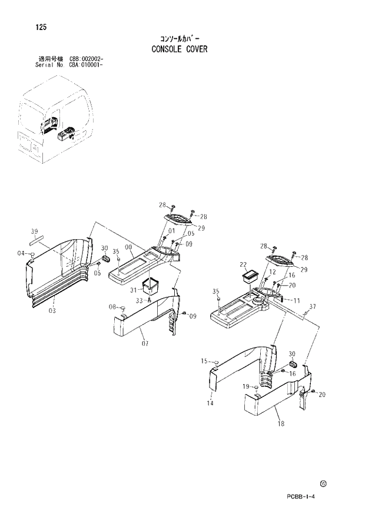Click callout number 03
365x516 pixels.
pos(52,310)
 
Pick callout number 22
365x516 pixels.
pos(243,264)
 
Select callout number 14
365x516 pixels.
pos(210,403)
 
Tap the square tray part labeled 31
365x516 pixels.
pos(152,286)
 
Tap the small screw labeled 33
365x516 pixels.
pos(150,300)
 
